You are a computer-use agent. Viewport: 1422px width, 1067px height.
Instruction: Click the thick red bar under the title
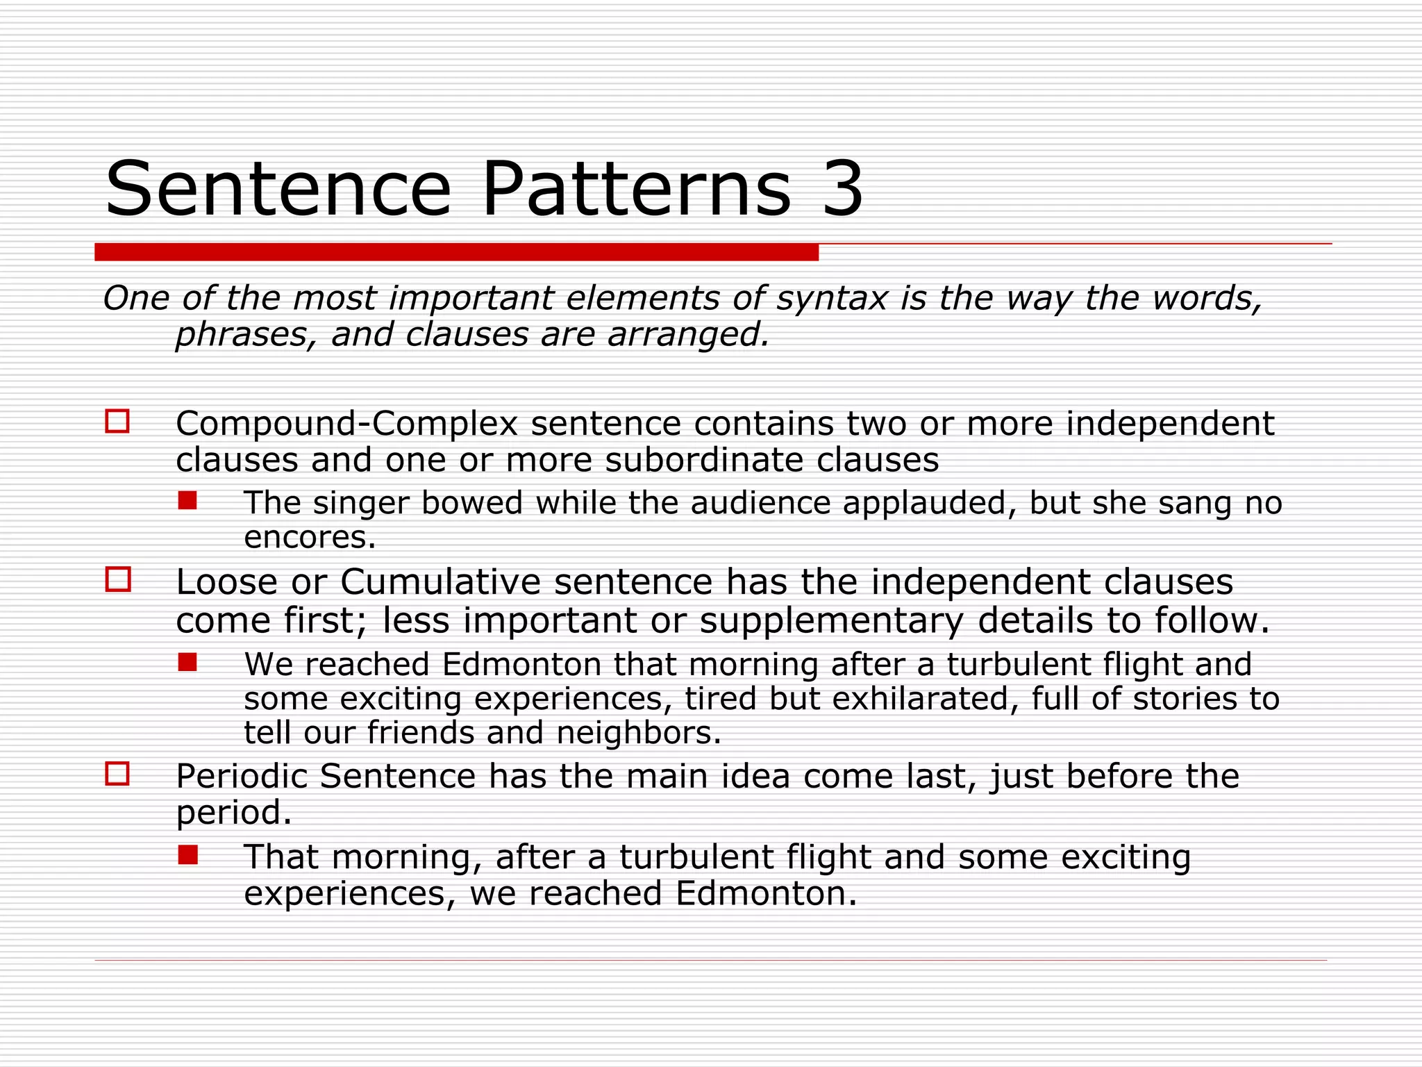pos(456,252)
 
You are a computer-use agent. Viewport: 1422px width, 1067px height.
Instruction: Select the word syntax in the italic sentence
pos(832,299)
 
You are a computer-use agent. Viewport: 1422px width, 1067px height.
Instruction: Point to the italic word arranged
pos(688,336)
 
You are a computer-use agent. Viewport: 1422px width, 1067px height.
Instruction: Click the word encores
pos(310,538)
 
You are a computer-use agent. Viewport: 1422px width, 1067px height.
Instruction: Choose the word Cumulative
pos(440,582)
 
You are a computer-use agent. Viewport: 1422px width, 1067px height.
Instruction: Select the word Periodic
pos(241,777)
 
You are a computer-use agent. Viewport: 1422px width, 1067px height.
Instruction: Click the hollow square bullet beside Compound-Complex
pos(117,422)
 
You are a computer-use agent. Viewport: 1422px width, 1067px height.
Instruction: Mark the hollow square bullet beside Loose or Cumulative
pos(117,579)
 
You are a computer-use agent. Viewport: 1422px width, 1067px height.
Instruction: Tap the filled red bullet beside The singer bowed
pos(187,501)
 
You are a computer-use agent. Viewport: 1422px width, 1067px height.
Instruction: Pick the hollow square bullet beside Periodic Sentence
pos(117,774)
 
